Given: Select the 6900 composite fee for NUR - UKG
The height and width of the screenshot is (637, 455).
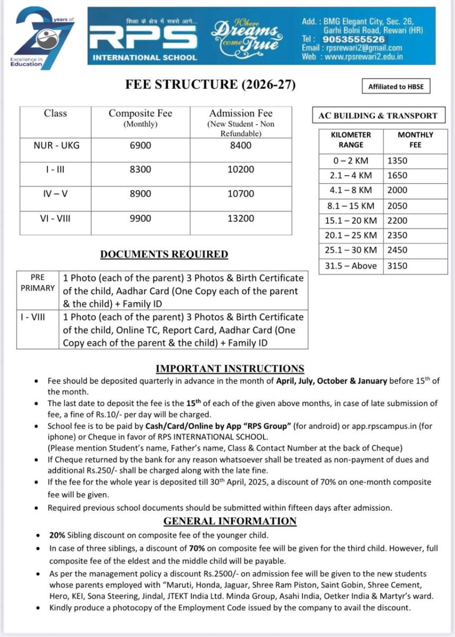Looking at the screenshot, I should tap(140, 145).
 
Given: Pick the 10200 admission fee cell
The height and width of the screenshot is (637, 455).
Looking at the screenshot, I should tap(241, 169).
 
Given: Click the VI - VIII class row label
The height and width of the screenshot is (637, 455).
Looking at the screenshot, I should tap(56, 218).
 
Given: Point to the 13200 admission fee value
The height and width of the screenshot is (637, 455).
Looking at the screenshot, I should tap(241, 218).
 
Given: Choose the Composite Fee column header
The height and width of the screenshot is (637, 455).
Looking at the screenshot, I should tap(140, 117).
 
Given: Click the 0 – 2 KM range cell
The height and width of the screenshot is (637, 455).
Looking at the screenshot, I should tap(351, 160).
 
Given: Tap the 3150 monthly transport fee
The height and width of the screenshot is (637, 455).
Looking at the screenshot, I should tap(398, 266).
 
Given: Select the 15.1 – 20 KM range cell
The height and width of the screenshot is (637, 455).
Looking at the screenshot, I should tap(351, 220).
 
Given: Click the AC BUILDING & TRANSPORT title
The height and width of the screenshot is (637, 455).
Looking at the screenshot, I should tap(378, 115).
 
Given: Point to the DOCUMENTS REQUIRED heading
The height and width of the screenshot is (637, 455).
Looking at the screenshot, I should tap(164, 254).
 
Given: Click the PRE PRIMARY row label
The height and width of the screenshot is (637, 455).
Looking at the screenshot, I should tap(38, 283).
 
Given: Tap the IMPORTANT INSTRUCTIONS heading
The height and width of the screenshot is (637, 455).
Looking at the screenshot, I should tap(230, 368).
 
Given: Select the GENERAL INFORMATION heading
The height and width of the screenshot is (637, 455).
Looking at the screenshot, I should tap(230, 521).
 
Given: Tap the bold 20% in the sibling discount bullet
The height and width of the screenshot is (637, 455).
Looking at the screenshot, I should tap(57, 535).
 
